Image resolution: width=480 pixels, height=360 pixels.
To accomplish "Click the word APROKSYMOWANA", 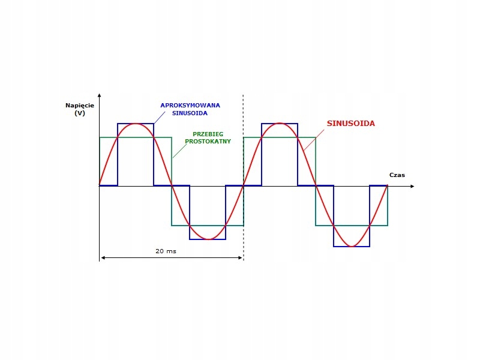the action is click(x=190, y=105).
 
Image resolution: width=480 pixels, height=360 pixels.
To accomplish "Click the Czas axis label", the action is click(x=397, y=175).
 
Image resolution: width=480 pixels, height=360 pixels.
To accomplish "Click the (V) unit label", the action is click(x=80, y=113).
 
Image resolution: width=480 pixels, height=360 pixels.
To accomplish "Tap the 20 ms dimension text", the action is click(x=166, y=251).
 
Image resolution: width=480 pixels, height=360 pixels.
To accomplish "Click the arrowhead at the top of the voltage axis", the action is click(x=100, y=95).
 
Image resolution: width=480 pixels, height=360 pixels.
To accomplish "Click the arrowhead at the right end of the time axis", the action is click(x=412, y=186).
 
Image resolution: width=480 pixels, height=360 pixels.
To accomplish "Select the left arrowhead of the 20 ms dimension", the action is click(x=103, y=257).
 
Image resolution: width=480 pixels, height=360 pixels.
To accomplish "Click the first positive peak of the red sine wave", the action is click(x=136, y=124).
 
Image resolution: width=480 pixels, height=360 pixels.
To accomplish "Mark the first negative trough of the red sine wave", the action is click(x=208, y=239).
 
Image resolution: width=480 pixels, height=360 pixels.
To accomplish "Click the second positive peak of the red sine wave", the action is click(x=280, y=124).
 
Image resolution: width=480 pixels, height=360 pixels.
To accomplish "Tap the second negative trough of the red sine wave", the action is click(x=352, y=246).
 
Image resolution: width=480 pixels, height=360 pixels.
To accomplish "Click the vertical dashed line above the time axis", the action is click(x=243, y=138).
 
